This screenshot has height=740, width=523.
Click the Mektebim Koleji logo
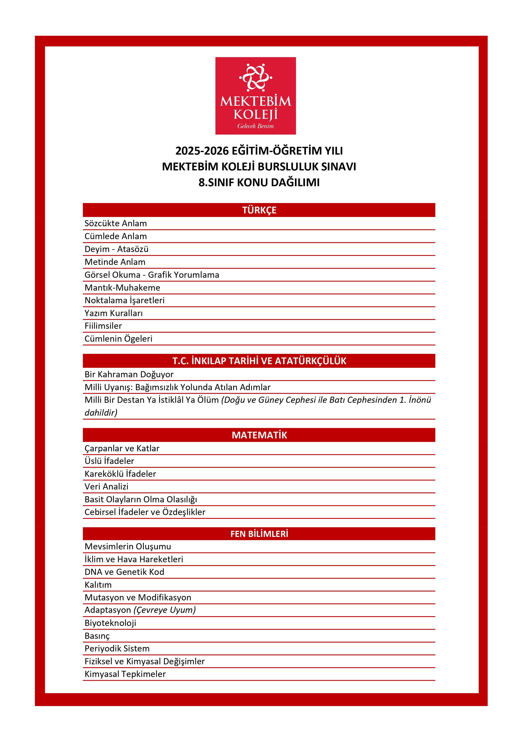(255, 96)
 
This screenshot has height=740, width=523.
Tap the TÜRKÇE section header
(259, 210)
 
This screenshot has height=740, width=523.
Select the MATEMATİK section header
(259, 435)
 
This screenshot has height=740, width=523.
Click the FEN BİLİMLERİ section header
(259, 534)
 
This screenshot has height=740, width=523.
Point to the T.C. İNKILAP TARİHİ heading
(259, 361)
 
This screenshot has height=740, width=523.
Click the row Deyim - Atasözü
(116, 249)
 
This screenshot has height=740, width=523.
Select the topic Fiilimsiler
(103, 326)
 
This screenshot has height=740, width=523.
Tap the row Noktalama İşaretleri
(124, 300)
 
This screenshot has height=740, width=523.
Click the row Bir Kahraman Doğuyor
(129, 374)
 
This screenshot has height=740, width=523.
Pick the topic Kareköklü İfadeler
(120, 474)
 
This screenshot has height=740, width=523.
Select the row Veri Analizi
(106, 487)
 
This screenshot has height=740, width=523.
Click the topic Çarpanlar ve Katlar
(122, 448)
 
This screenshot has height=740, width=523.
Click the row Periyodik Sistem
(117, 649)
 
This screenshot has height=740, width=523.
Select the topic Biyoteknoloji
(110, 623)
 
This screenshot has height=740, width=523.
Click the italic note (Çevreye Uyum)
(165, 610)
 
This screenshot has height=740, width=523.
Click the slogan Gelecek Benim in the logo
(255, 126)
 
